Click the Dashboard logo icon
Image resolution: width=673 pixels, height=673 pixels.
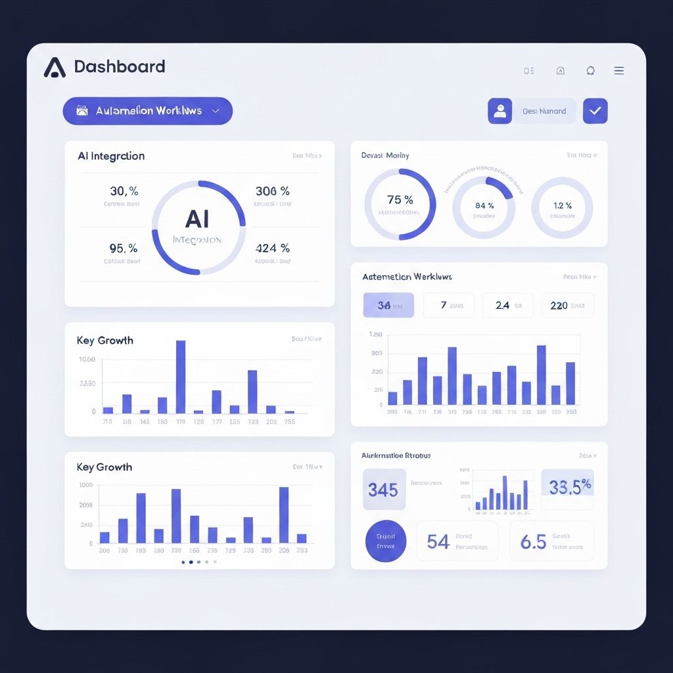coord(55,67)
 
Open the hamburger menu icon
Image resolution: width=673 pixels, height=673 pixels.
coord(618,71)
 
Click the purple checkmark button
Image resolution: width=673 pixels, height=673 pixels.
coord(595,111)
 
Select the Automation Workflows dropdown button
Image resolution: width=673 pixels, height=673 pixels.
coord(148,111)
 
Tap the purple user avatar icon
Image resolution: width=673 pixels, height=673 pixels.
coord(499,111)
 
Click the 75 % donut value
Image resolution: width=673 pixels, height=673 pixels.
coord(400,200)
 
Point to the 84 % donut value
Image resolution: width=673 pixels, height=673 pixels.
coord(484,206)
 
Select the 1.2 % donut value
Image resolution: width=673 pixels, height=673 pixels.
coord(562,206)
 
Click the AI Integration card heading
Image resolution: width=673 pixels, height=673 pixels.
coord(111,156)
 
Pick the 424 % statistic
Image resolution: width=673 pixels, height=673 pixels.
coord(272,248)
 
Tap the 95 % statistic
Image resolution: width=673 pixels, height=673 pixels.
coord(124,248)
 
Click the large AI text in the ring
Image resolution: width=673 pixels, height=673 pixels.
coord(198,218)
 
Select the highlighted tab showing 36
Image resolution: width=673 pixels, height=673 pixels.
coord(388,306)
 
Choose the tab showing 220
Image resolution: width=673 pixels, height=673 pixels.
coord(567,306)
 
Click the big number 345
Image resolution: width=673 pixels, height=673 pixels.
coord(383,490)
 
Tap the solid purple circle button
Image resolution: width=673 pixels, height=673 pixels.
coord(386,541)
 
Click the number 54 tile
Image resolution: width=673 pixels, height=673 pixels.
coord(457,542)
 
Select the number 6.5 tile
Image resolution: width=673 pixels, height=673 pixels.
coord(551,542)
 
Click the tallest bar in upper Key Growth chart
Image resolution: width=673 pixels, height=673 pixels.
coord(181,377)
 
